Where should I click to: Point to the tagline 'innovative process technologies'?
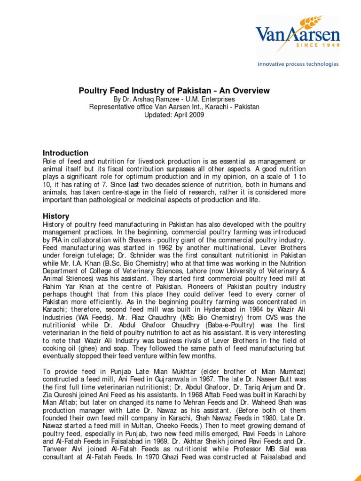(298, 64)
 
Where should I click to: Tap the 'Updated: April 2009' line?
(174, 115)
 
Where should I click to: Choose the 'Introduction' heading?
(65, 153)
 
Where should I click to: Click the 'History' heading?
(56, 216)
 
